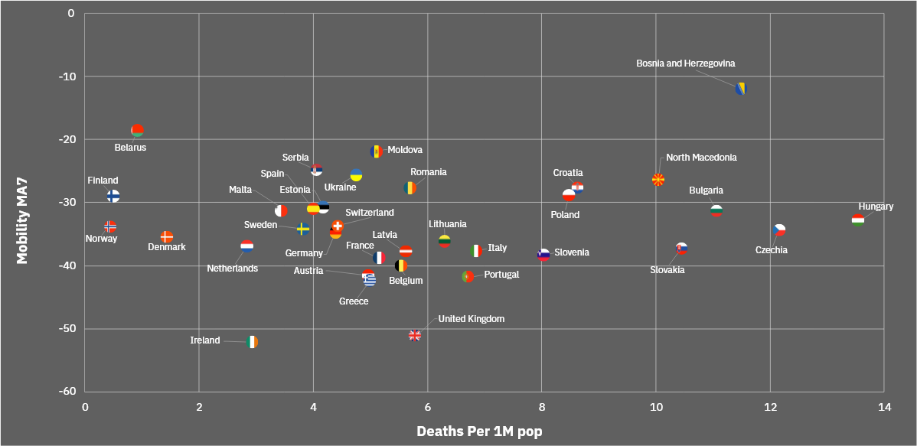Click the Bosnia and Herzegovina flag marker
[x=740, y=89]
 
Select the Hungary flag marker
[x=858, y=220]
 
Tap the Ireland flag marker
[x=253, y=342]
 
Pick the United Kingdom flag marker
[x=415, y=335]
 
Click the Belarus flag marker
[x=137, y=130]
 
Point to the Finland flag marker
[x=113, y=196]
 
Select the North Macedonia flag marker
[x=658, y=180]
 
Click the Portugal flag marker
[x=468, y=276]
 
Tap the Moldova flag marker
[x=376, y=151]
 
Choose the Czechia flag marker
[x=779, y=230]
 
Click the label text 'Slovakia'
[x=667, y=270]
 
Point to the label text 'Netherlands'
[x=232, y=269]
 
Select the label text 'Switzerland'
[x=370, y=213]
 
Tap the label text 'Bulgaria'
[x=706, y=190]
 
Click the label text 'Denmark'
[x=167, y=247]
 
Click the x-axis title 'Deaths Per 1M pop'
[x=479, y=431]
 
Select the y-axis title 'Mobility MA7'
[x=22, y=221]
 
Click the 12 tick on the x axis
[x=770, y=406]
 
